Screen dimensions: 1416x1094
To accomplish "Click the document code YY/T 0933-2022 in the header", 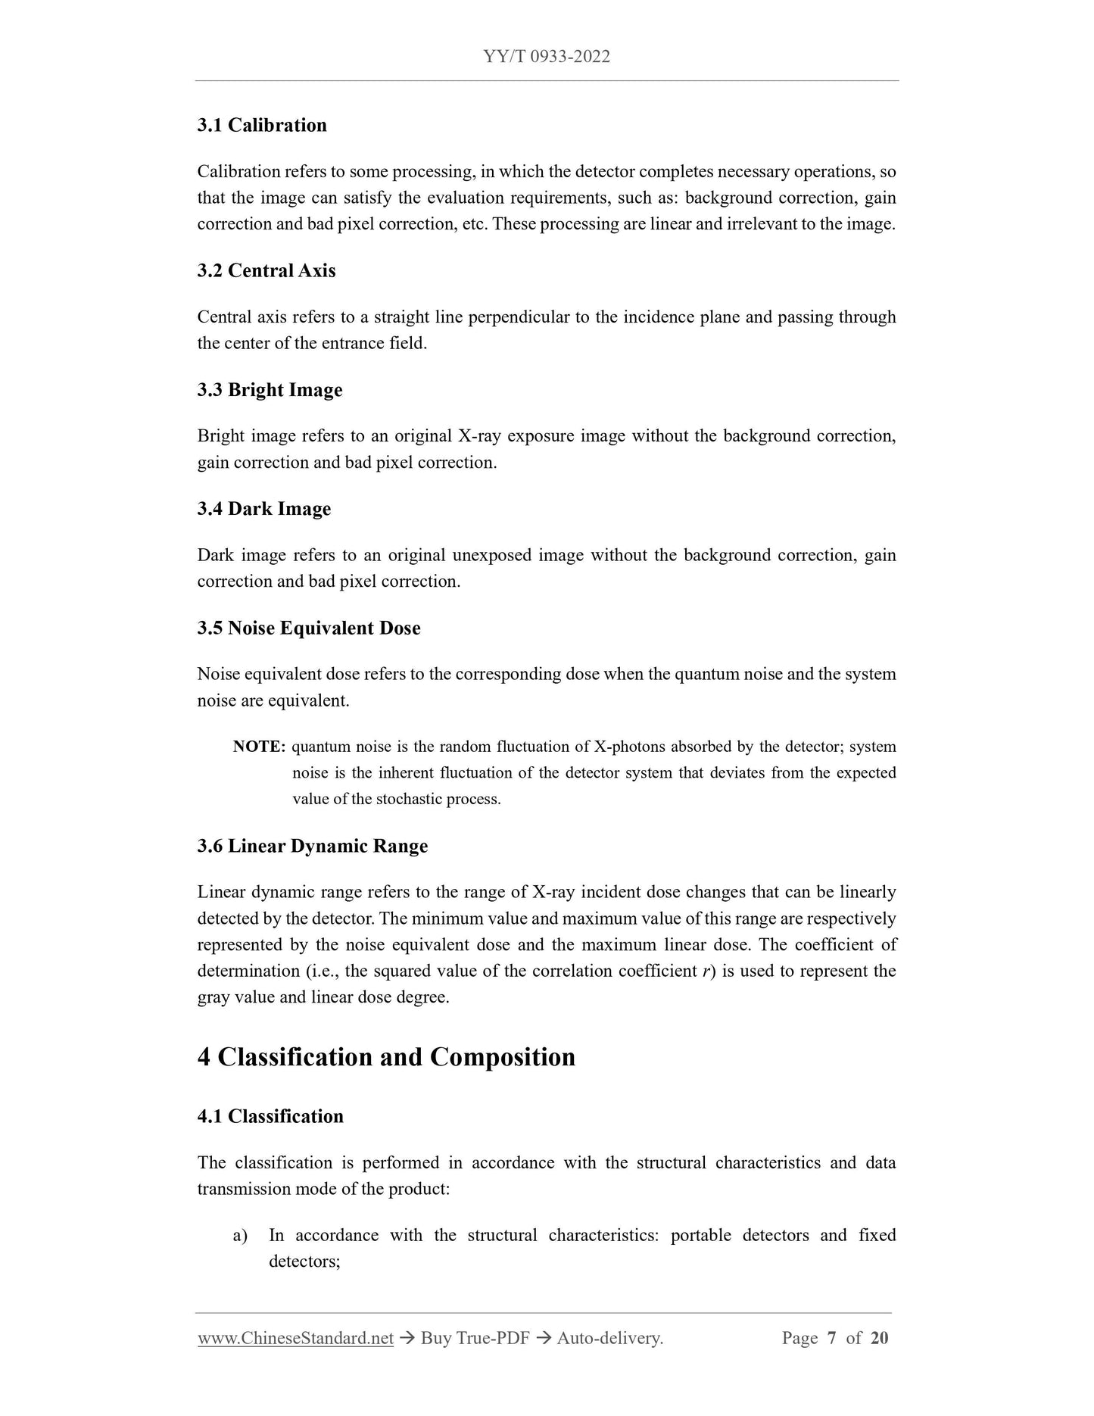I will (x=546, y=57).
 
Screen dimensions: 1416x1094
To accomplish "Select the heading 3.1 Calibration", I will (x=262, y=125).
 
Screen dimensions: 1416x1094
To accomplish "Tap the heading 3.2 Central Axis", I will (x=266, y=270).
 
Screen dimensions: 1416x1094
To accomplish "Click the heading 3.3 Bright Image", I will (x=270, y=390).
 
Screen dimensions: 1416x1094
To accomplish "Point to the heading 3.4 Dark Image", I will (x=264, y=509).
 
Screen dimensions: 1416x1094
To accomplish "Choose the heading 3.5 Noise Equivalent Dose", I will (x=309, y=628).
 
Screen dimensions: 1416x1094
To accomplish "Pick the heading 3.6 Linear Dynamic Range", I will (x=313, y=846).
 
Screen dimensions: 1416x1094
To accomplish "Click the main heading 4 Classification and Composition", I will (x=386, y=1057).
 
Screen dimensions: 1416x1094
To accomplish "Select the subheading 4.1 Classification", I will (x=270, y=1116).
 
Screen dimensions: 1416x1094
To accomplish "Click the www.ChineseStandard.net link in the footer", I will (x=295, y=1338).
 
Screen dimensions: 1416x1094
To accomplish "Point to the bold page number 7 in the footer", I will (x=831, y=1338).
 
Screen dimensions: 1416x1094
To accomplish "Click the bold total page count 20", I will (x=879, y=1338).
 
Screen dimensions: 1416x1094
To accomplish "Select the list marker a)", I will (x=240, y=1236).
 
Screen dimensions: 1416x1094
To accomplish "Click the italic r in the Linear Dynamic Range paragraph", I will (x=706, y=972).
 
